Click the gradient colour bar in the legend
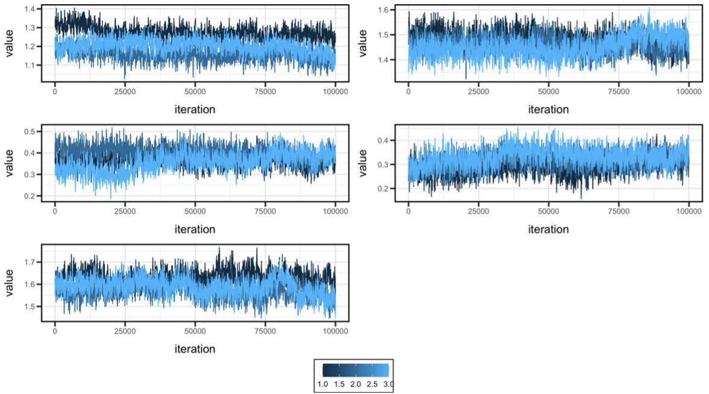point(354,370)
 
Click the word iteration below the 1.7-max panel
point(195,349)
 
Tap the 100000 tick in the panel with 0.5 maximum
point(335,212)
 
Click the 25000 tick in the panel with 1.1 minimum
point(125,92)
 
